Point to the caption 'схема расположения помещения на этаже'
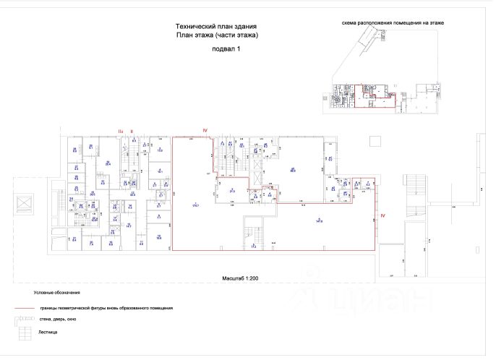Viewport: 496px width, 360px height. point(393,23)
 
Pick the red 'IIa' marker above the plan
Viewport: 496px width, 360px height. point(121,130)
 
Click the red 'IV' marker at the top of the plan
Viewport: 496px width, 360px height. point(205,130)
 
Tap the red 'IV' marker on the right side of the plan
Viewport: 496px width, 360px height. point(384,215)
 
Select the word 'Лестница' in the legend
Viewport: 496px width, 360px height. point(49,332)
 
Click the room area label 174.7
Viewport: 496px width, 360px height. point(194,205)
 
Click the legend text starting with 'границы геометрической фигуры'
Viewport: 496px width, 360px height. point(106,308)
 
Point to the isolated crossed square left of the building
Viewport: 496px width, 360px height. point(24,205)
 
